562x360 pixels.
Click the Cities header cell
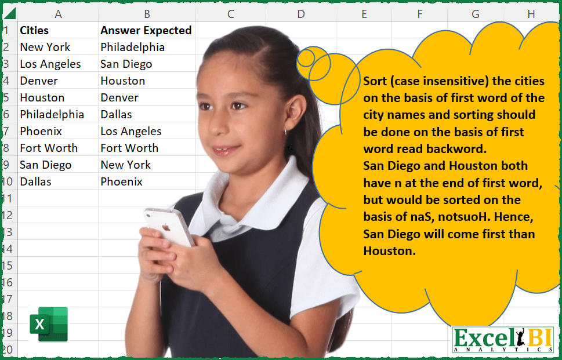point(34,30)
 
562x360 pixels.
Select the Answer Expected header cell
point(146,30)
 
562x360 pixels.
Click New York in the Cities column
point(45,47)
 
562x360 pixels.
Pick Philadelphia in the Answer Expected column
point(132,47)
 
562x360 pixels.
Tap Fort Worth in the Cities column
point(48,148)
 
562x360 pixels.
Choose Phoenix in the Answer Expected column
point(121,181)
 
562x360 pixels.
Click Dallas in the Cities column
point(35,181)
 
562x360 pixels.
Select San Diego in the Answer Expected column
point(126,64)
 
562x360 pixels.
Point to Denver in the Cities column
point(38,81)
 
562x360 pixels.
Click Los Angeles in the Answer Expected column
point(130,131)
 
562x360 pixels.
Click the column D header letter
point(300,14)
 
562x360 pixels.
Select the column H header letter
point(531,14)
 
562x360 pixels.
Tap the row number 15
point(7,266)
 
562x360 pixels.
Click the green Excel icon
point(49,323)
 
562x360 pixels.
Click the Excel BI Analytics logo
point(502,340)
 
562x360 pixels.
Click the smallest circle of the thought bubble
point(305,56)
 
